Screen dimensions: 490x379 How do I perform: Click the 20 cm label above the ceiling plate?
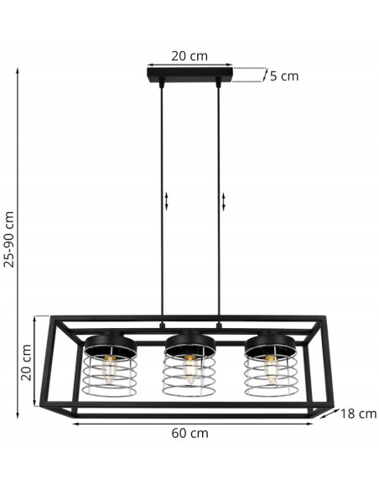point(189,56)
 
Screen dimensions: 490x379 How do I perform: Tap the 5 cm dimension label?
point(283,76)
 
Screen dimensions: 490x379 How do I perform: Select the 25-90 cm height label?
point(9,238)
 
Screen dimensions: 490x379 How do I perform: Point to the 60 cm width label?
point(189,434)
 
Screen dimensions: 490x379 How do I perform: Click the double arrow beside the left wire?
point(167,201)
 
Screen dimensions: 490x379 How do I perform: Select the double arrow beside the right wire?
point(225,201)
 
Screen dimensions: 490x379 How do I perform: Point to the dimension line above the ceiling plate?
point(189,65)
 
